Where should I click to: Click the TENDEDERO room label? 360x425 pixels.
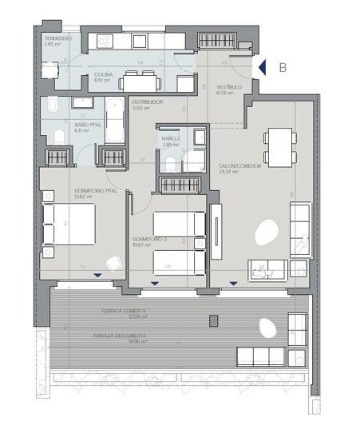[58, 38]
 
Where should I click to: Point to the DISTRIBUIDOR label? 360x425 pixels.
[148, 103]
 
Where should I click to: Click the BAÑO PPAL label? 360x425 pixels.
[65, 124]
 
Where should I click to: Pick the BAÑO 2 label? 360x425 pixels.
[170, 139]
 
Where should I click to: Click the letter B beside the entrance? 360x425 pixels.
[282, 69]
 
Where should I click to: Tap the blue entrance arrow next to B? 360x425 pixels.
[261, 69]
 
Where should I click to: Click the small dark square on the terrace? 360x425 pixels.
[213, 321]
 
